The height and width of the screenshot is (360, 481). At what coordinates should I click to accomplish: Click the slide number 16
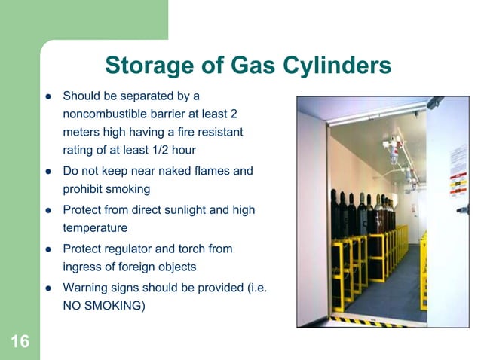point(20,342)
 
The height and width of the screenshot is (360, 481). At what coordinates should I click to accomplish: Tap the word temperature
point(95,227)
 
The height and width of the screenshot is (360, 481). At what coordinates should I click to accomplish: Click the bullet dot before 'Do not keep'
point(47,172)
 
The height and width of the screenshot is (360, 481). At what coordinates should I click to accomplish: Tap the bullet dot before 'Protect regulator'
point(47,249)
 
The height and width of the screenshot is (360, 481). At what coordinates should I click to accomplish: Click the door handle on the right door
point(461,210)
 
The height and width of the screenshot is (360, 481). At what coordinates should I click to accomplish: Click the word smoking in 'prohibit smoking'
point(128,190)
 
